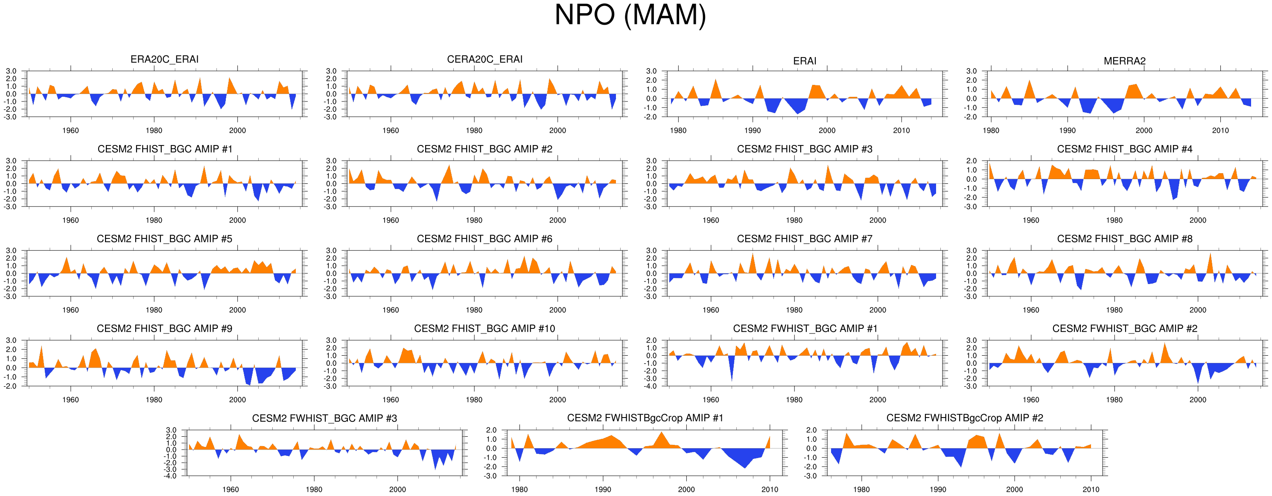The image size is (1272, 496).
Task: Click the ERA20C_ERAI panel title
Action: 164,59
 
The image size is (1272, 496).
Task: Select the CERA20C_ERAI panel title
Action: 484,59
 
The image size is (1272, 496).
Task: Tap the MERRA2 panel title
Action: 1124,61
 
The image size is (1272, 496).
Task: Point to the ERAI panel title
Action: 804,61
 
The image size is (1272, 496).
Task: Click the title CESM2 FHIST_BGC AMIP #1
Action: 164,149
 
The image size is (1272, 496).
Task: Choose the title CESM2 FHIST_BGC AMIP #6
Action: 484,239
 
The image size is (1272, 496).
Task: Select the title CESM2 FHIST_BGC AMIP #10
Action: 484,329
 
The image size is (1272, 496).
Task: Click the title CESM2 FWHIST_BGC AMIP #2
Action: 1124,329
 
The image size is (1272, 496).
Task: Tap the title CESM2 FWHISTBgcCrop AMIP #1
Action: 645,418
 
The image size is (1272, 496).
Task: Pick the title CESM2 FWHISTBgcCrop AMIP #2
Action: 964,418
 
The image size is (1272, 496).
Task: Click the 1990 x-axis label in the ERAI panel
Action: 753,131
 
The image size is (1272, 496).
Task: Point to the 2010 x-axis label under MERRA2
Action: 1220,131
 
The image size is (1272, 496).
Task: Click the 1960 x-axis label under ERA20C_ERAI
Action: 70,131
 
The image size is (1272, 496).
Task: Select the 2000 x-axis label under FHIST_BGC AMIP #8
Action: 1197,310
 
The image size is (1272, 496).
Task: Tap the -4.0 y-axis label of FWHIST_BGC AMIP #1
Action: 651,386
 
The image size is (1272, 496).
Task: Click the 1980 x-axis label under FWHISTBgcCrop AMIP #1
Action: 519,490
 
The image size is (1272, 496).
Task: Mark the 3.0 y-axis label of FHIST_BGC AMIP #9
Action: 11,340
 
